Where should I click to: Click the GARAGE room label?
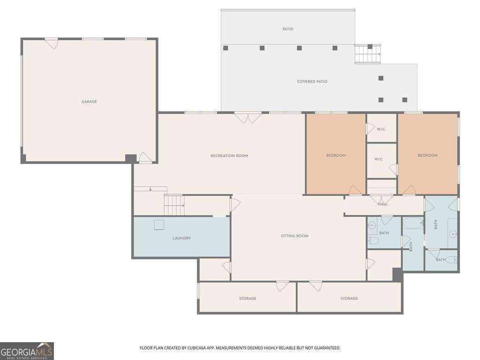[x=89, y=102]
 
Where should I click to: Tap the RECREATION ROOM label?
[x=229, y=156]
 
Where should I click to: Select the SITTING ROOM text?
[x=294, y=236]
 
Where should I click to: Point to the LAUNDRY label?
[x=181, y=238]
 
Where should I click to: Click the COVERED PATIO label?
[x=312, y=82]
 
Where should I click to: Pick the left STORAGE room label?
[x=247, y=299]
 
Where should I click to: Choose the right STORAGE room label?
[x=349, y=299]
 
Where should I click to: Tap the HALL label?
[x=382, y=204]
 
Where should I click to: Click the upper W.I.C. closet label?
[x=381, y=129]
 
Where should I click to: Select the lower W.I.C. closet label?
[x=379, y=159]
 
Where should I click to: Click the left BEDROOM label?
[x=336, y=156]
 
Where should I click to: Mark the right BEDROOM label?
[x=427, y=156]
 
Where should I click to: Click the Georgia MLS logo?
[x=27, y=351]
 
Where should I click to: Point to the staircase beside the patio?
[x=367, y=54]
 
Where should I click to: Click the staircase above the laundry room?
[x=174, y=205]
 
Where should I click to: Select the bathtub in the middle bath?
[x=413, y=223]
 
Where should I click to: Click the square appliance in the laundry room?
[x=159, y=225]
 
